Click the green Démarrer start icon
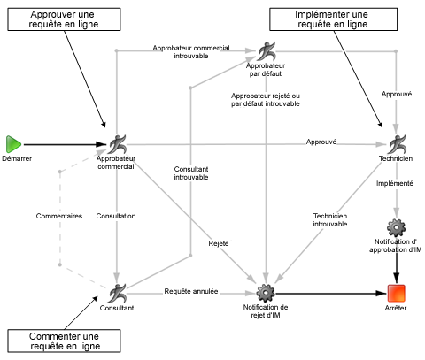tap(13, 143)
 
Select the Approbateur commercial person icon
tap(119, 143)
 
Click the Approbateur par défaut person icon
tap(267, 50)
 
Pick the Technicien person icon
tap(396, 143)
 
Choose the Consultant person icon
tap(118, 292)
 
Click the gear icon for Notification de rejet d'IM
tap(266, 292)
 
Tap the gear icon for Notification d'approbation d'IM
tap(397, 226)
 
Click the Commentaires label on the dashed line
tap(59, 215)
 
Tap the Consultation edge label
tap(116, 215)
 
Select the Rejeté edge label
tap(219, 243)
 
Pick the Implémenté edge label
tap(395, 183)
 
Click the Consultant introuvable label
tap(191, 172)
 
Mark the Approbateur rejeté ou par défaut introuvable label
tap(266, 98)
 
